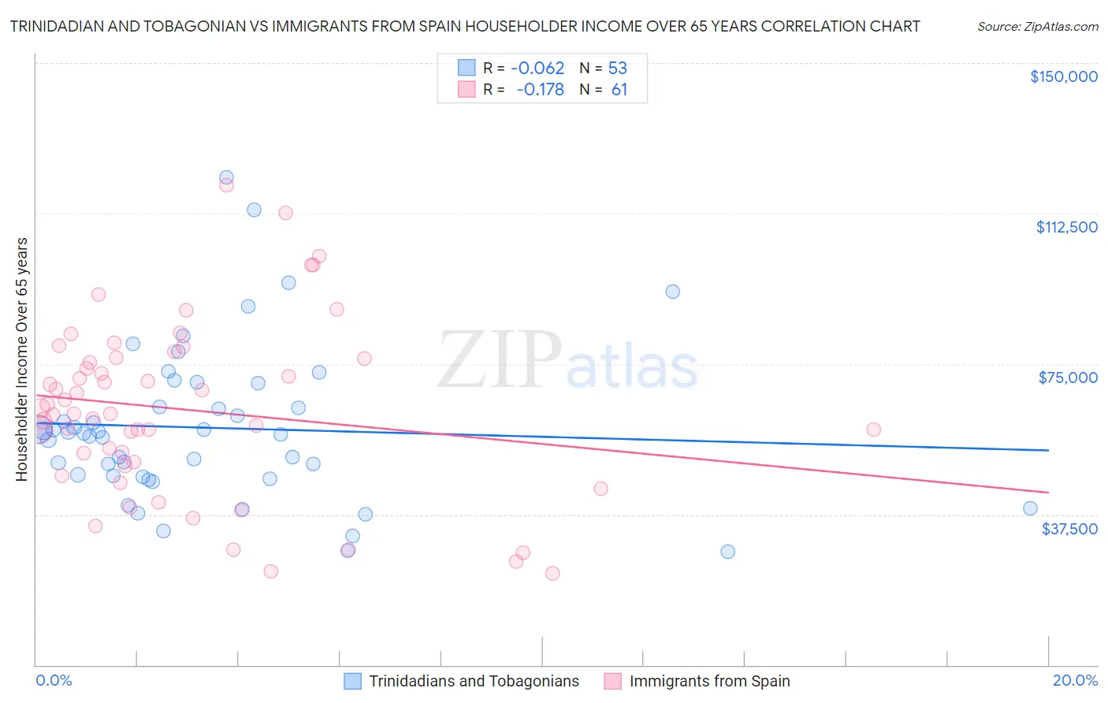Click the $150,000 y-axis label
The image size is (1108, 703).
point(1063,76)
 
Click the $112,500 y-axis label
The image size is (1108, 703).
point(1066,227)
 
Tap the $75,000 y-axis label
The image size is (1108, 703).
point(1068,378)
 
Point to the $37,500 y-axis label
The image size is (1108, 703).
point(1069,529)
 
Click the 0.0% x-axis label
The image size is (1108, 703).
point(54,680)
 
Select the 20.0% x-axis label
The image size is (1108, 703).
point(1075,680)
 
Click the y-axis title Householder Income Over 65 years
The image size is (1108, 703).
point(22,359)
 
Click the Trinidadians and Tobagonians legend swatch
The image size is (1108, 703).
point(352,681)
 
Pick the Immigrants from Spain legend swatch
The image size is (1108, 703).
point(612,681)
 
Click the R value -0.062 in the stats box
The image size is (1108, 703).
point(537,68)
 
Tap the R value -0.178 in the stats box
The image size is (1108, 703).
point(540,90)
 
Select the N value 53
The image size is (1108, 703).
point(617,68)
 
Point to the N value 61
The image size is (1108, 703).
point(619,90)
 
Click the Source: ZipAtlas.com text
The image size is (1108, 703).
point(1037,27)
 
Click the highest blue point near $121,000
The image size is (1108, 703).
point(226,177)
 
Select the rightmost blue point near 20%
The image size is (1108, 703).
point(1030,508)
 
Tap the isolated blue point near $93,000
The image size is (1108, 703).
point(672,292)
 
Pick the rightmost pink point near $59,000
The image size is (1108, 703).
point(873,430)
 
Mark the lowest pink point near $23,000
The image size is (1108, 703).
point(552,573)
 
